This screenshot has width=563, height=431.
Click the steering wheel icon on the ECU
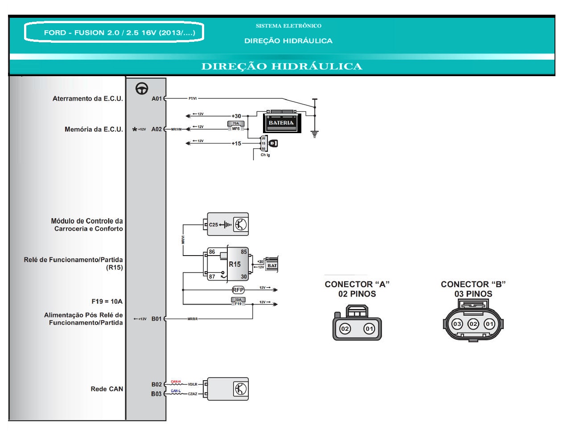click(142, 89)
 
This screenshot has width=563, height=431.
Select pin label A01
click(156, 98)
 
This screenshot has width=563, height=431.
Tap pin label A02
click(156, 129)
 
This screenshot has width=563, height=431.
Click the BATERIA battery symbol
click(281, 122)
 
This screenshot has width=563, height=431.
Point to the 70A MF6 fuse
click(236, 126)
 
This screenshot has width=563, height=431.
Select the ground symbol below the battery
click(315, 134)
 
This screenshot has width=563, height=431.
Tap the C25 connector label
click(214, 224)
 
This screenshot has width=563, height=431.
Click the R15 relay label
click(234, 264)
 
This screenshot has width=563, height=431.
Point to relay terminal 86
click(212, 252)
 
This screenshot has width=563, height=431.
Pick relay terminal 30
click(244, 276)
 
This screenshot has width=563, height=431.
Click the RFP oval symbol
click(238, 290)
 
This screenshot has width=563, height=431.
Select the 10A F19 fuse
click(238, 301)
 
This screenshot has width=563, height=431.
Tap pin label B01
click(156, 319)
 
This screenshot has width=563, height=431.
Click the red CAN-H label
click(176, 382)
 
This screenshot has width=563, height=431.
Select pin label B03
click(156, 394)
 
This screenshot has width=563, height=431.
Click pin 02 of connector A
click(345, 329)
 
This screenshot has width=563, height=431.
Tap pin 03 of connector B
click(457, 324)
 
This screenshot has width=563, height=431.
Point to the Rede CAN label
click(107, 389)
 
